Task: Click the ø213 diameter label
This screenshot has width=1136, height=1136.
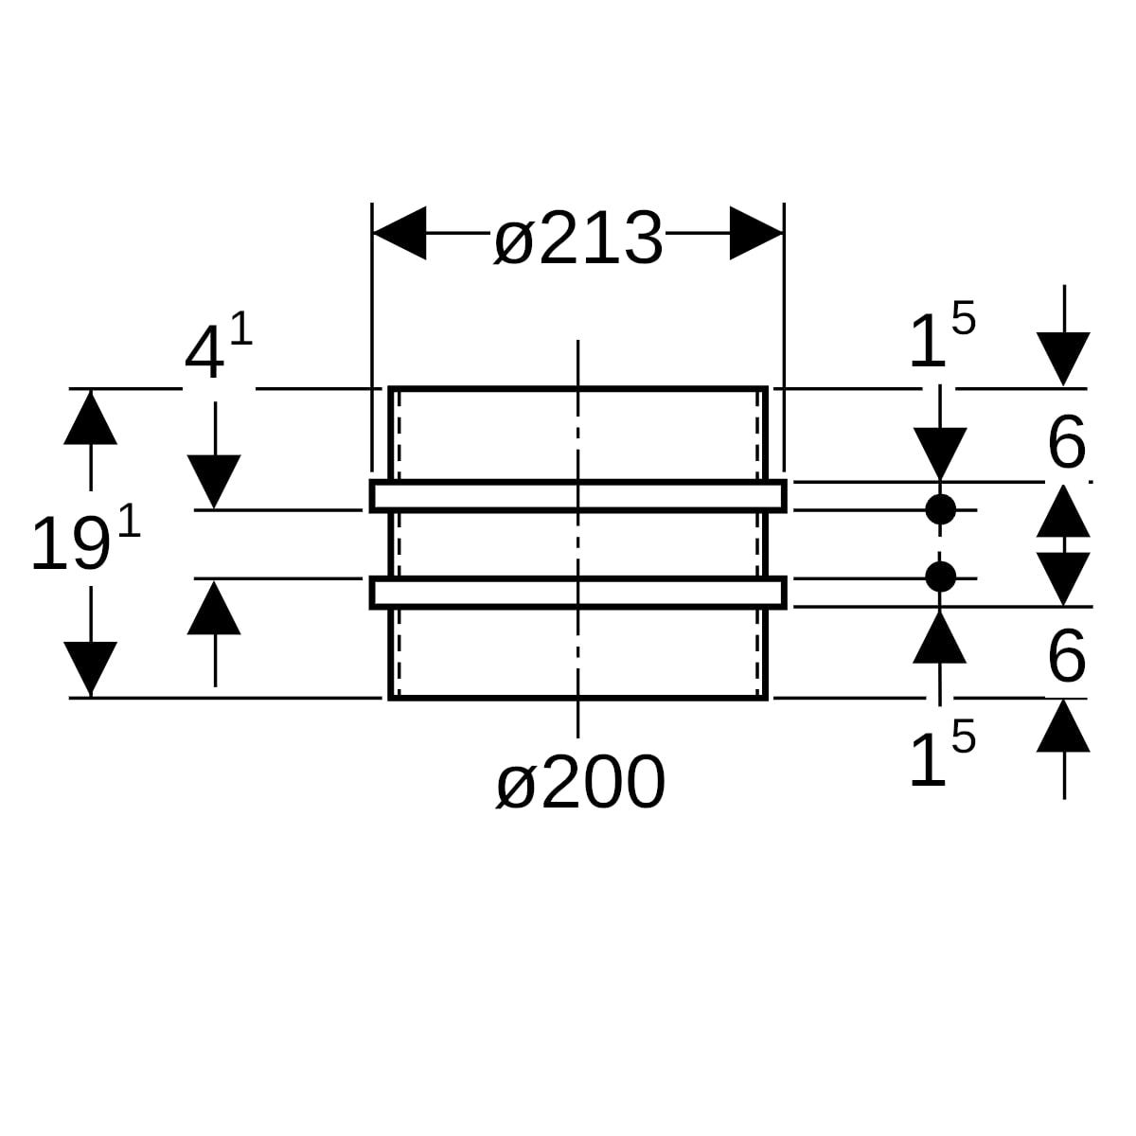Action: pos(578,239)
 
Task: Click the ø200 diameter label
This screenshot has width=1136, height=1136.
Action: pos(580,782)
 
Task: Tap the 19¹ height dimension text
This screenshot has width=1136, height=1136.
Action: pos(86,540)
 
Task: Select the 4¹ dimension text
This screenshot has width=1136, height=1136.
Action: pos(219,348)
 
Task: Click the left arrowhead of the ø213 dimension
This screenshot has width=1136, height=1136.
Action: pos(399,233)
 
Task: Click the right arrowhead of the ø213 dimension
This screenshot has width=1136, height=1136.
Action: pos(756,233)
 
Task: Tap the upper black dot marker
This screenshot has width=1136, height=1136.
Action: pos(940,509)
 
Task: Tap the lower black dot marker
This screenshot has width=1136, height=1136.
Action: pos(940,577)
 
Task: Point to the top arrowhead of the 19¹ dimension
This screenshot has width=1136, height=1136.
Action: pos(90,417)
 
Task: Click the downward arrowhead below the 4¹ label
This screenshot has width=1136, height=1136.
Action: pos(214,482)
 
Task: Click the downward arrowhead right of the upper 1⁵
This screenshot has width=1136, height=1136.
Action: pos(1063,359)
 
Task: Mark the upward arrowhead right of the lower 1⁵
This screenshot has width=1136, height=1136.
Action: pos(1063,725)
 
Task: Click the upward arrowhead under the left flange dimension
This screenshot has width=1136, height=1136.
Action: pos(214,607)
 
